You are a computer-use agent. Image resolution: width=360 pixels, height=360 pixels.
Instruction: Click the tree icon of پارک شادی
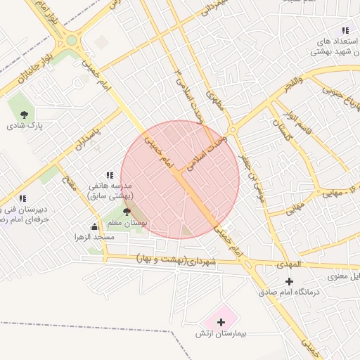tap(25, 114)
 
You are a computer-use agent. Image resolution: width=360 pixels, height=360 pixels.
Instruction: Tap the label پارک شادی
tap(25, 127)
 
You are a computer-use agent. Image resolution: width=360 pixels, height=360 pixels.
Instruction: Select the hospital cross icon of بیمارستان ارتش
tap(221, 322)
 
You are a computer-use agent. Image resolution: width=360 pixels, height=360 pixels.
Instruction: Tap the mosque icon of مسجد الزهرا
tap(95, 226)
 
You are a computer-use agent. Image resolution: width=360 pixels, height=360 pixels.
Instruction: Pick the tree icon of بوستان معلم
tap(127, 211)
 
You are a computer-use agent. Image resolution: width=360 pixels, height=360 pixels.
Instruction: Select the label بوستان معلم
tap(127, 222)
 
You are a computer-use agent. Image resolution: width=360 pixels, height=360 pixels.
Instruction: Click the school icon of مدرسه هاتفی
tap(110, 174)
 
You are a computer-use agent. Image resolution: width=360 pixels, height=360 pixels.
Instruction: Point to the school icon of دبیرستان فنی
tap(23, 198)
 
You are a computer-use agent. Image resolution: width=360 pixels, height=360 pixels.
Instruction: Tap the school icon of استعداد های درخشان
tap(345, 30)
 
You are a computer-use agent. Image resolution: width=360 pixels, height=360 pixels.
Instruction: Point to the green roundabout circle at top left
tap(72, 40)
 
